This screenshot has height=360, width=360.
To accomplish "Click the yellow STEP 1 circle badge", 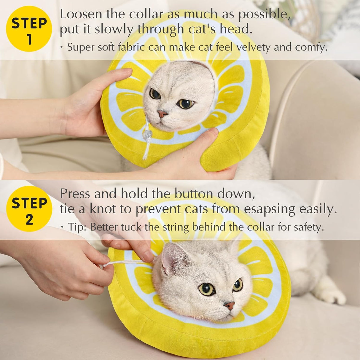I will tap(29, 29).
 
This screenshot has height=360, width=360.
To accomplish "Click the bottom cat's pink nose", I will tap(229, 305).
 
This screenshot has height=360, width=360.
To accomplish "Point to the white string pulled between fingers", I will tap(125, 263).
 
